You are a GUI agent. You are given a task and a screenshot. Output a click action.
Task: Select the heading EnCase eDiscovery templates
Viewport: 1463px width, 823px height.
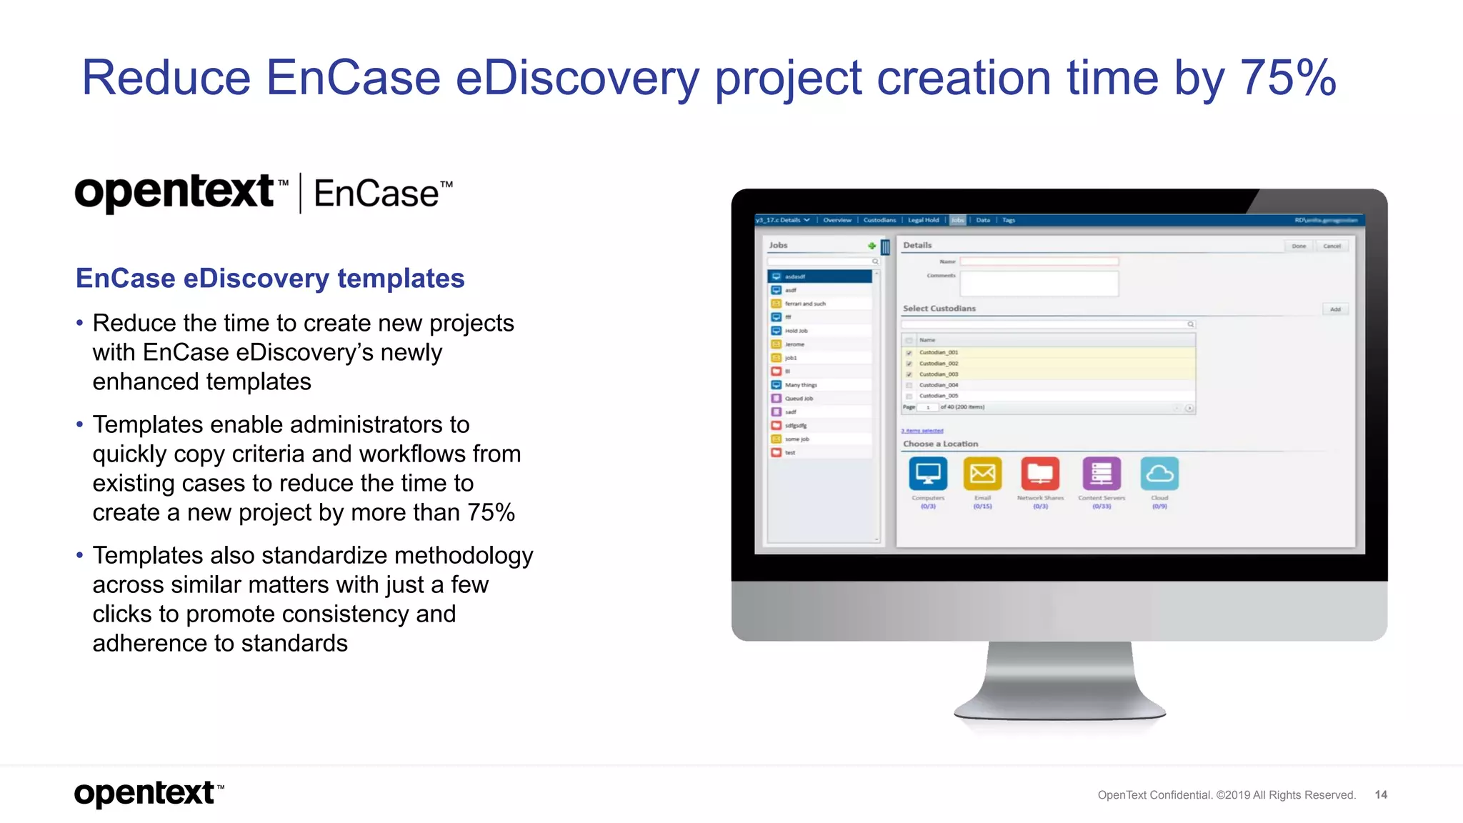coord(270,279)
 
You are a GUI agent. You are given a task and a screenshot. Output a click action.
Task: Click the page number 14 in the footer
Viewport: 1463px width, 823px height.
coord(1381,794)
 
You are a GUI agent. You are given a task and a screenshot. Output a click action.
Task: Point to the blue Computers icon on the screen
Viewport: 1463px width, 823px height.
coord(928,474)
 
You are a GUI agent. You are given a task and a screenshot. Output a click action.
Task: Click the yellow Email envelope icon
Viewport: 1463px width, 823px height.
coord(982,474)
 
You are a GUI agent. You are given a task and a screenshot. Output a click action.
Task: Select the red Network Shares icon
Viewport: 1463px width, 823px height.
coord(1040,474)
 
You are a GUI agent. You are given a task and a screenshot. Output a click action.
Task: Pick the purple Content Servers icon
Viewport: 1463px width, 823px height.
coord(1102,474)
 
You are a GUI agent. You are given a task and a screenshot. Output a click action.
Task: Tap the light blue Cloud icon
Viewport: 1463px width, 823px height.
coord(1159,474)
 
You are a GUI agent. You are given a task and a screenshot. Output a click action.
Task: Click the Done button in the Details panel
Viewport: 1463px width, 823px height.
coord(1299,246)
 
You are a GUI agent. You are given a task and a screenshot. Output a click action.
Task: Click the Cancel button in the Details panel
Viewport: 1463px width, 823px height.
coord(1332,246)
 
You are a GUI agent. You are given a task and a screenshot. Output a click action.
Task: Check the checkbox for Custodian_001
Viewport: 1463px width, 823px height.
coord(909,353)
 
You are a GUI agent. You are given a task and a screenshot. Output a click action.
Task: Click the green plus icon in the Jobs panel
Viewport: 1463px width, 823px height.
coord(872,246)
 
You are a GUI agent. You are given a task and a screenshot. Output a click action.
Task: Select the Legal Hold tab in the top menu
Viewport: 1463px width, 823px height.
coord(923,220)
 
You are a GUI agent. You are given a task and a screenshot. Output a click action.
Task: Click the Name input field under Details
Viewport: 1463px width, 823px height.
coord(1039,261)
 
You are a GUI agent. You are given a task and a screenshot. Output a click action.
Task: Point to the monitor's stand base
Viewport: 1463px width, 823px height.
coord(1059,711)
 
